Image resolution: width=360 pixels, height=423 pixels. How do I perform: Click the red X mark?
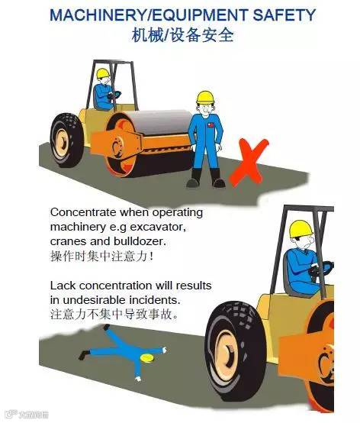[249, 163]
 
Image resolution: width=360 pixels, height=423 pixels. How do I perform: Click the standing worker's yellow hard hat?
[204, 97]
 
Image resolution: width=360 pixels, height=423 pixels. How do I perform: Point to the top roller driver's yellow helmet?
[103, 73]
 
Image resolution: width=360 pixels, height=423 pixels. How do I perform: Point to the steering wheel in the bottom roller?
[324, 268]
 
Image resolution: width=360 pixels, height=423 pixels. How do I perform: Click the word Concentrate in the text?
[85, 211]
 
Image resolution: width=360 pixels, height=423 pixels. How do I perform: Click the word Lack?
[63, 285]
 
